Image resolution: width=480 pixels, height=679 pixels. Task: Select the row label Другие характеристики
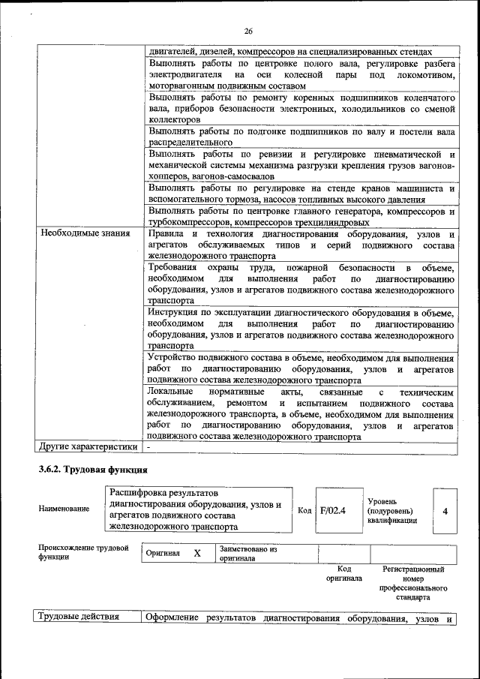pyautogui.click(x=88, y=447)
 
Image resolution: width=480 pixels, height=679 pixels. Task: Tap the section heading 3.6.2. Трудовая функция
pyautogui.click(x=93, y=470)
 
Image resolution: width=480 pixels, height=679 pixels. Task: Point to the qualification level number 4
pyautogui.click(x=445, y=511)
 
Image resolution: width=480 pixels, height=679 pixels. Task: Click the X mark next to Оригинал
pyautogui.click(x=197, y=553)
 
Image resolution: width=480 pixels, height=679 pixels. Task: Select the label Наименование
pyautogui.click(x=64, y=509)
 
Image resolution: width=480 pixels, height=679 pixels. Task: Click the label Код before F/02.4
pyautogui.click(x=304, y=510)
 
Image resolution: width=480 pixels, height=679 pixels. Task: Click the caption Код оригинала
pyautogui.click(x=344, y=574)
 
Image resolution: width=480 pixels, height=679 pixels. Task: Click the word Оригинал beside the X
pyautogui.click(x=163, y=553)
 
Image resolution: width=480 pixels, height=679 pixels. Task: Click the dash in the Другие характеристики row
pyautogui.click(x=149, y=447)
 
